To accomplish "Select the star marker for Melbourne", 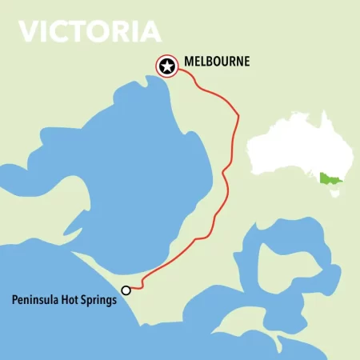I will [x=167, y=66].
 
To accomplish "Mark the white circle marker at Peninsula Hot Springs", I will [x=126, y=290].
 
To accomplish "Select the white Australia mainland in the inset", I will [x=296, y=148].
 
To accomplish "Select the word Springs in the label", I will [x=101, y=302].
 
